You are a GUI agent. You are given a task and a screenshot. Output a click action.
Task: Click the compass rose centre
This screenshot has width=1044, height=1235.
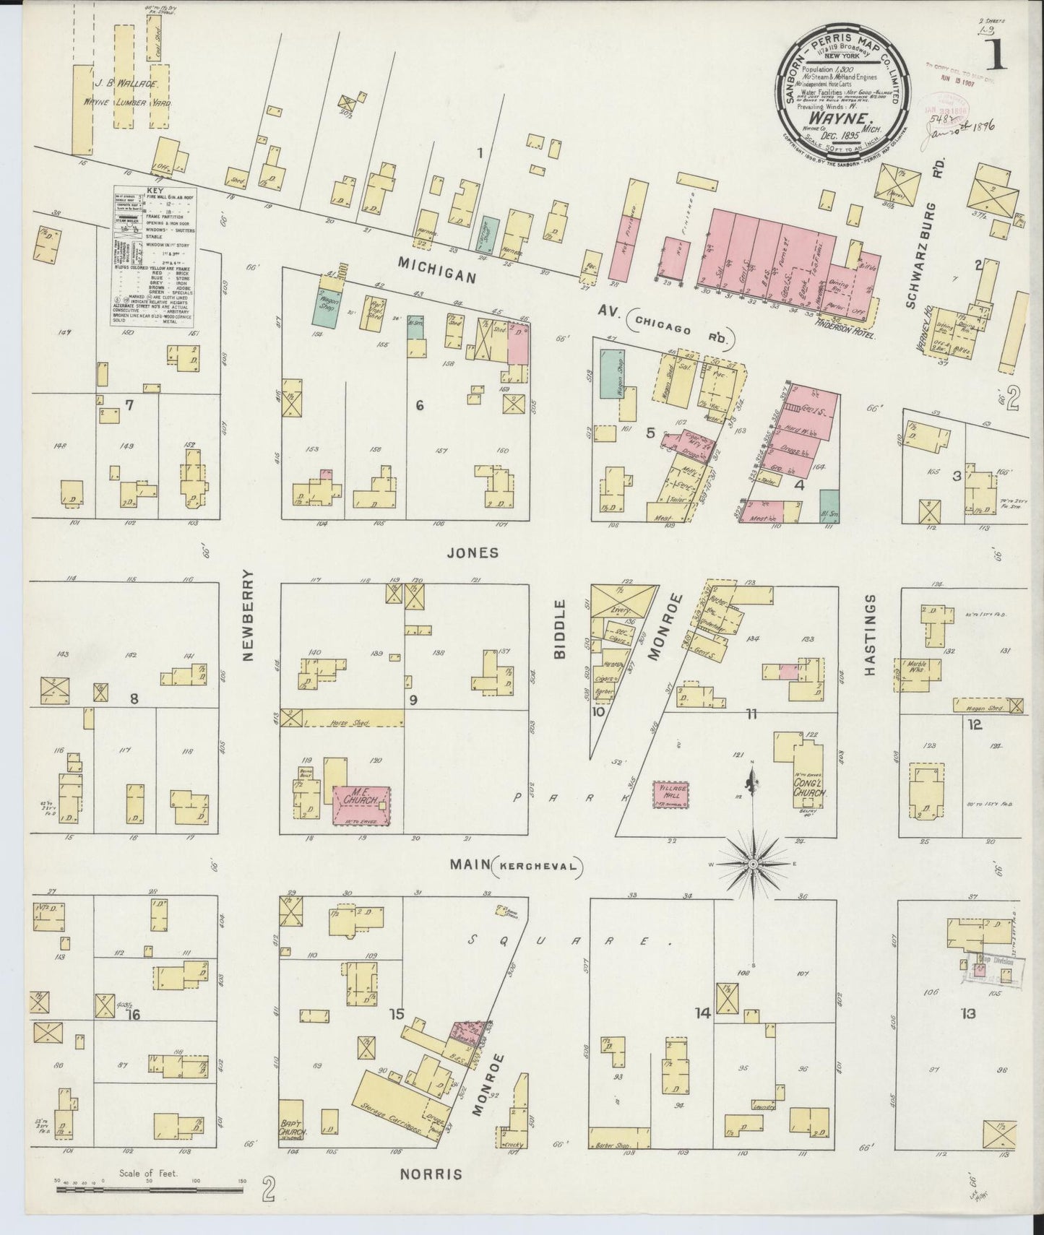[753, 864]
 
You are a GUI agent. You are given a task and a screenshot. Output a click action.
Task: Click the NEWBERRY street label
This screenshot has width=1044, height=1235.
[249, 615]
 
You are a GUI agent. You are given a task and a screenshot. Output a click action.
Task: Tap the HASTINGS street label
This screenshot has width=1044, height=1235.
[870, 635]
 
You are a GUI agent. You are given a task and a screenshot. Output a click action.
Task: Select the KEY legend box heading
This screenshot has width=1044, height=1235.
[155, 192]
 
